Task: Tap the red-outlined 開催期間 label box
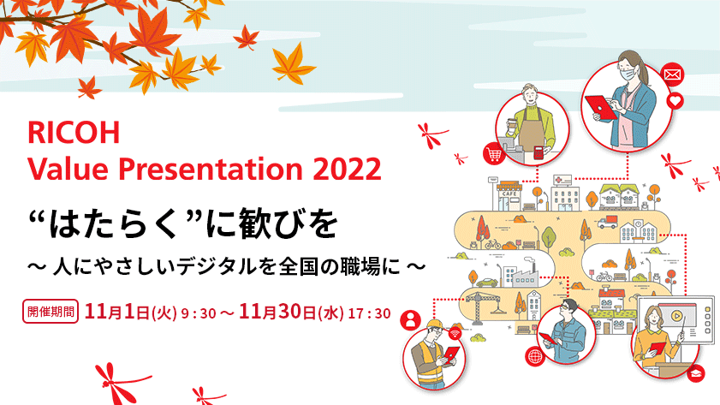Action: tap(50, 311)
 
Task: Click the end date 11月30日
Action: tap(278, 312)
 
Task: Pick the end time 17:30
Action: tap(371, 313)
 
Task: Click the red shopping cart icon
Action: tap(494, 153)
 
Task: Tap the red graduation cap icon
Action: tap(695, 373)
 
